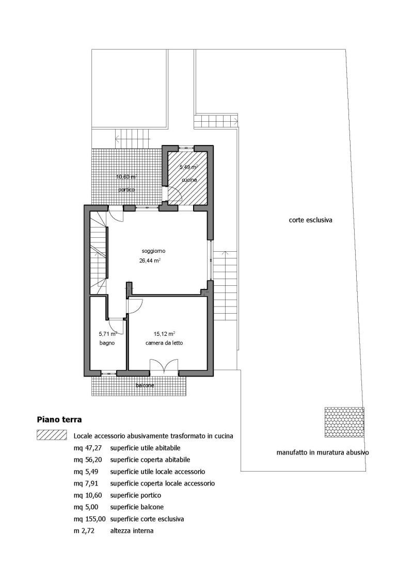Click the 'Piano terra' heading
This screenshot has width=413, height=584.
click(59, 419)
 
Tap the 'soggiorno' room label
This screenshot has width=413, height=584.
click(153, 251)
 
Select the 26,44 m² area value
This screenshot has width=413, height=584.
click(150, 261)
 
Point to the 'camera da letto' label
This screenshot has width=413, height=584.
click(164, 343)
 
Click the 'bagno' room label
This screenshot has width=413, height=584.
click(107, 343)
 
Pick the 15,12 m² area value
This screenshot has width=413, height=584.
click(164, 334)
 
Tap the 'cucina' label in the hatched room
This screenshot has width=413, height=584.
click(189, 180)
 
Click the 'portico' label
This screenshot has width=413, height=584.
click(126, 189)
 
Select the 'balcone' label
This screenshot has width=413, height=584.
click(145, 385)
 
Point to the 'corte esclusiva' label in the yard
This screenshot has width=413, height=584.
click(310, 220)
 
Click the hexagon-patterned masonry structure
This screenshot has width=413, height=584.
click(344, 422)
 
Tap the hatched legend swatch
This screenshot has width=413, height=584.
click(52, 435)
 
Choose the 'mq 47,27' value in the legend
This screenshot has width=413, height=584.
click(88, 448)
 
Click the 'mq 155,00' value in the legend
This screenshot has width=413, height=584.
click(89, 519)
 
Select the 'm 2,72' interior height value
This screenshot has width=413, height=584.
click(84, 531)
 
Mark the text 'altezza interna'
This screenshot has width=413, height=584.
click(132, 531)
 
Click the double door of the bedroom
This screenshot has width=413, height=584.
click(164, 366)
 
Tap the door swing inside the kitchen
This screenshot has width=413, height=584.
click(174, 195)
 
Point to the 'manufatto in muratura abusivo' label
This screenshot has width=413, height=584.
click(323, 453)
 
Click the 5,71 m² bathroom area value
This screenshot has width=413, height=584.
click(108, 334)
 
